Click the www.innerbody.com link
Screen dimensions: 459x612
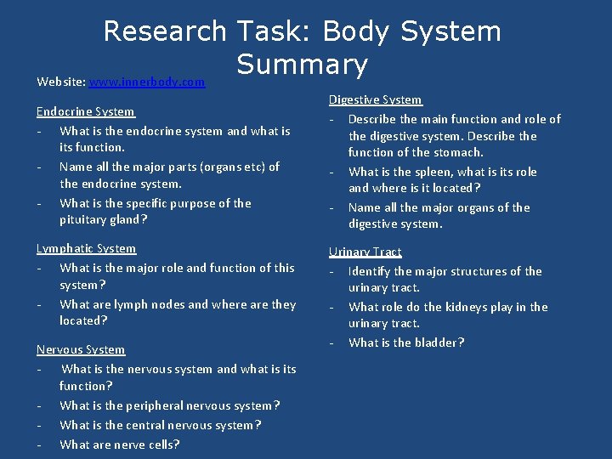tap(146, 82)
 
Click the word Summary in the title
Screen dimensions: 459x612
tap(302, 64)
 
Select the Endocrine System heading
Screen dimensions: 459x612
tap(85, 111)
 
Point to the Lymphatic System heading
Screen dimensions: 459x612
tap(86, 248)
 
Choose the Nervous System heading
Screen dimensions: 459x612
tap(81, 349)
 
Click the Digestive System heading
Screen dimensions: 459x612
tap(375, 99)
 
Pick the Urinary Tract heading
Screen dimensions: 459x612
tap(365, 252)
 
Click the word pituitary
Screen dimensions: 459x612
tap(84, 219)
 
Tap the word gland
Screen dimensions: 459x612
tap(128, 219)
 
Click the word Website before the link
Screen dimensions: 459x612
tap(60, 82)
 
